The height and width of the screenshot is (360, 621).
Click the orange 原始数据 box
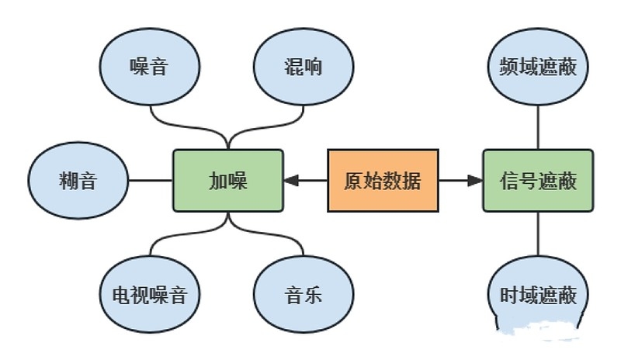tap(383, 181)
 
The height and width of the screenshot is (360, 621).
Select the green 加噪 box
tap(227, 181)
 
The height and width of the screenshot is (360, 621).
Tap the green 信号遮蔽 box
tap(538, 181)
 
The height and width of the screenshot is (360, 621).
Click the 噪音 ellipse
tap(149, 67)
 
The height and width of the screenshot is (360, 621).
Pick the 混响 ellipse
tap(304, 67)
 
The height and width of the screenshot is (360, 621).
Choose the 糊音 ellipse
tap(78, 181)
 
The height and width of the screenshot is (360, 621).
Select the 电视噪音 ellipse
tap(149, 295)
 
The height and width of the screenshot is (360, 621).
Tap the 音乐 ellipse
tap(304, 295)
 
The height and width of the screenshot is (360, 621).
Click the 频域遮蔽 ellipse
tap(538, 67)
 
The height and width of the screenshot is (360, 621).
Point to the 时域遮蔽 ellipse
tap(538, 295)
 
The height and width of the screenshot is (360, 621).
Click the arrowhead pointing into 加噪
tap(291, 181)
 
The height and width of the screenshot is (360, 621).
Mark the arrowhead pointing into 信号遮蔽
tap(474, 181)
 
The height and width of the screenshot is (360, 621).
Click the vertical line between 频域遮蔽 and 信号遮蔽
tap(538, 126)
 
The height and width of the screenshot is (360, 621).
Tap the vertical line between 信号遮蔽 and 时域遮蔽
tap(538, 234)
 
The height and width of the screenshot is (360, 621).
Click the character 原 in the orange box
tap(353, 181)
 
